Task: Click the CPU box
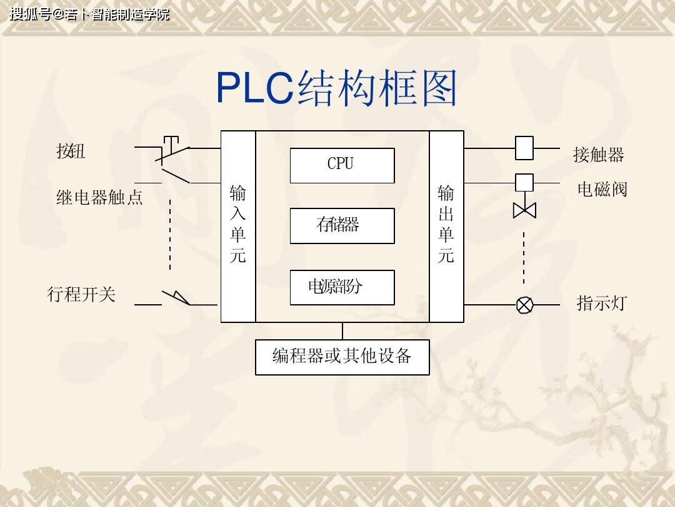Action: pyautogui.click(x=342, y=165)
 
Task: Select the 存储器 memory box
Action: pyautogui.click(x=342, y=225)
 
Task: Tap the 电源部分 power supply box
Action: pyautogui.click(x=342, y=287)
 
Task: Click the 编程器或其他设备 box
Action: pyautogui.click(x=342, y=357)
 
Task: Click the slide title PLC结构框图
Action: pyautogui.click(x=336, y=88)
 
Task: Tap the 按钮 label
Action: pyautogui.click(x=71, y=151)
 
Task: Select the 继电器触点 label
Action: pyautogui.click(x=99, y=198)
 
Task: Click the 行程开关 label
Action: pyautogui.click(x=82, y=294)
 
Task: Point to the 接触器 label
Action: pyautogui.click(x=598, y=155)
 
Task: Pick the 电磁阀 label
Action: pyautogui.click(x=601, y=189)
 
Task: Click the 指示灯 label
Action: pyautogui.click(x=601, y=304)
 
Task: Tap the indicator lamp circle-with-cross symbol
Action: pyautogui.click(x=524, y=305)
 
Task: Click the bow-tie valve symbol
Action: pyautogui.click(x=524, y=210)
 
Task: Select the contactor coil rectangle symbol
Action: pyautogui.click(x=524, y=148)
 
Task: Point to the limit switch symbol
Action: pyautogui.click(x=177, y=298)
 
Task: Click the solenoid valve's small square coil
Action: pyautogui.click(x=524, y=182)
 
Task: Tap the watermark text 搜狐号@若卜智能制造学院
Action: pyautogui.click(x=89, y=14)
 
